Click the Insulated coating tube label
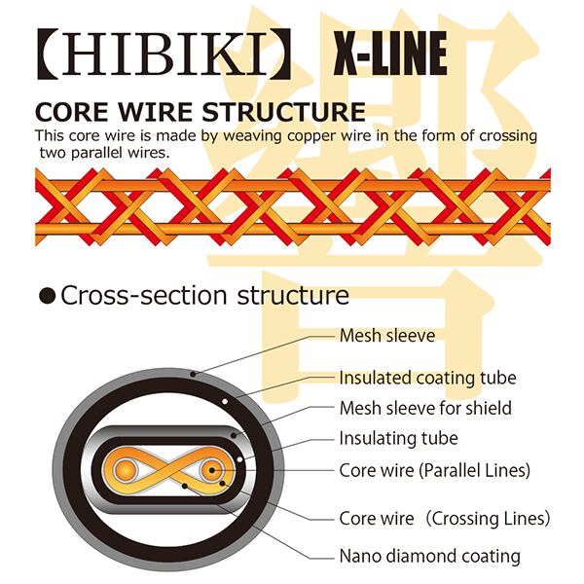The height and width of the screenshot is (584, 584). pyautogui.click(x=427, y=378)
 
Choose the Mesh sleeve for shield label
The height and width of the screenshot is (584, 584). pyautogui.click(x=425, y=408)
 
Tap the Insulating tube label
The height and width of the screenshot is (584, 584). pyautogui.click(x=398, y=439)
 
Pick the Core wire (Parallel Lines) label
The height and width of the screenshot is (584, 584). pyautogui.click(x=434, y=470)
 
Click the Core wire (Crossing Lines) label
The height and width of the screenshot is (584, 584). pyautogui.click(x=444, y=518)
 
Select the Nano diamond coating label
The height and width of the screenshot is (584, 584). pyautogui.click(x=429, y=557)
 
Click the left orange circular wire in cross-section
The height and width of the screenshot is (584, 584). pyautogui.click(x=127, y=471)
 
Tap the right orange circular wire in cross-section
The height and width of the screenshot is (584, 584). pyautogui.click(x=211, y=471)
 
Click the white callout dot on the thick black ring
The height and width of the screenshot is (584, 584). pyautogui.click(x=226, y=400)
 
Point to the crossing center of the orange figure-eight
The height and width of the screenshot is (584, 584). pyautogui.click(x=168, y=471)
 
